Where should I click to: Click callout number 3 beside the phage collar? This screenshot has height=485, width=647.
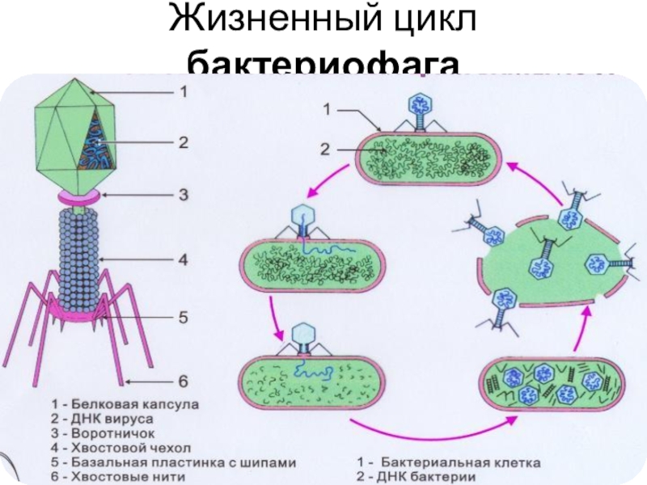(184, 195)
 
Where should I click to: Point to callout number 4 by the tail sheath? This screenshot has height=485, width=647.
(184, 260)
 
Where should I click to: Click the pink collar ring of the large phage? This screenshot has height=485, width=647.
(78, 196)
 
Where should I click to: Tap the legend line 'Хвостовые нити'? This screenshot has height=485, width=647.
(118, 477)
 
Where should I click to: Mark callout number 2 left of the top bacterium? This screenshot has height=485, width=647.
(324, 149)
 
